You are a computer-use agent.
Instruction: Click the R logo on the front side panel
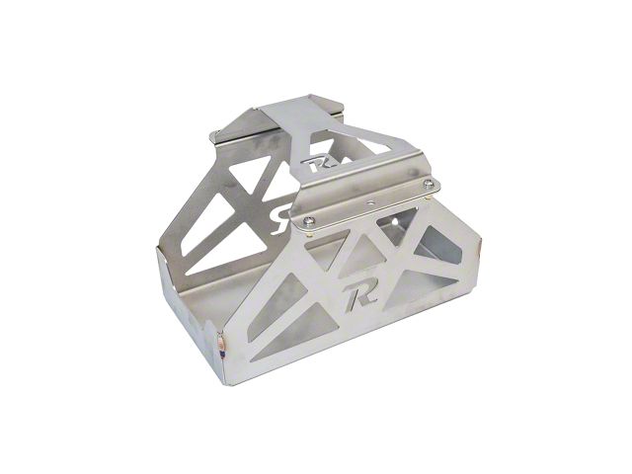pyautogui.click(x=360, y=296)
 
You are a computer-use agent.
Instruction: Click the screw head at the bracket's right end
pyautogui.click(x=429, y=184)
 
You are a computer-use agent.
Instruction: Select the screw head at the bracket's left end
pyautogui.click(x=308, y=220)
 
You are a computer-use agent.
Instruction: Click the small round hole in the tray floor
pyautogui.click(x=398, y=222)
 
